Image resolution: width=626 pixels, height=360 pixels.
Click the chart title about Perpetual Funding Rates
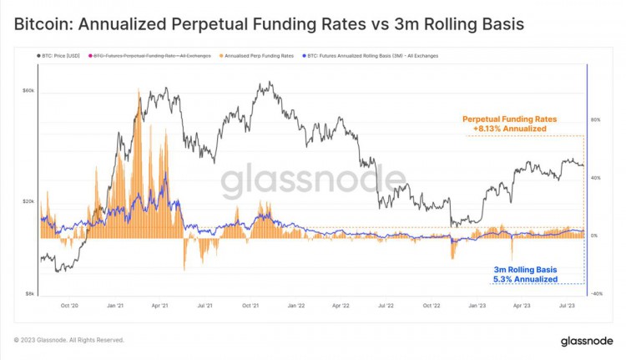coord(269,24)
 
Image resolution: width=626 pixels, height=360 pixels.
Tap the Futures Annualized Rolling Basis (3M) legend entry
coord(371,56)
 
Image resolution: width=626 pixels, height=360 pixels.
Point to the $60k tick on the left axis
coord(28,90)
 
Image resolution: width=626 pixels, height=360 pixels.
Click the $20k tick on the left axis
coord(28,201)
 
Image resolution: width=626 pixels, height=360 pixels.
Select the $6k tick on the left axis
coord(28,293)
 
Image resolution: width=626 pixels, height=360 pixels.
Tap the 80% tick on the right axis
coord(595,119)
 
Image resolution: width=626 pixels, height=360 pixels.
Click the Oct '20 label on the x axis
coord(70,307)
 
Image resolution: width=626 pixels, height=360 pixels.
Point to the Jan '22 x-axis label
coord(295,307)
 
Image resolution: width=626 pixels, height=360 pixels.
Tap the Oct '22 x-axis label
coord(431,307)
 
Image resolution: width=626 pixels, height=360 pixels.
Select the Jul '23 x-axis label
coord(564,307)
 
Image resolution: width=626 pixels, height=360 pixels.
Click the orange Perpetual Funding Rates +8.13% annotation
coord(509,124)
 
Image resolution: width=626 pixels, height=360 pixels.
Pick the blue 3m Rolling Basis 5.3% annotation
coord(524,274)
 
